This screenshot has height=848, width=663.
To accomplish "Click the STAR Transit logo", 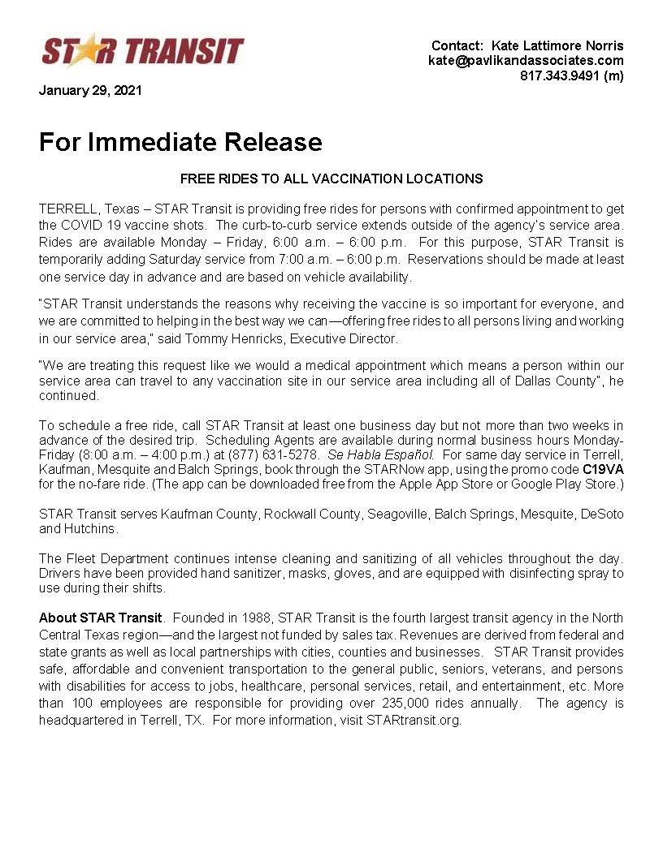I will [142, 51].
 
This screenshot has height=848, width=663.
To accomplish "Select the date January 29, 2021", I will [90, 91].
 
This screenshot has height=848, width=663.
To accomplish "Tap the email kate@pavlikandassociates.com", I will [526, 61].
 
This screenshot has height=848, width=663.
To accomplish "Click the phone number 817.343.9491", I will [561, 76].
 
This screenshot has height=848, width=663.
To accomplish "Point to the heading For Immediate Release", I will [180, 143].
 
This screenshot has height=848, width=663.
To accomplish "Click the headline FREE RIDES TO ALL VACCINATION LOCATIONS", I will [331, 179].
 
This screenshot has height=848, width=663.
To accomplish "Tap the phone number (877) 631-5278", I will [282, 455].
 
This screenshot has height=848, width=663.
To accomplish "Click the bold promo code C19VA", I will [603, 470].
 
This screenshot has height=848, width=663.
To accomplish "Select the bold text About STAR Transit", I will [101, 618].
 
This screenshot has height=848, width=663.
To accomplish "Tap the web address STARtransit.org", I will [413, 720].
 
